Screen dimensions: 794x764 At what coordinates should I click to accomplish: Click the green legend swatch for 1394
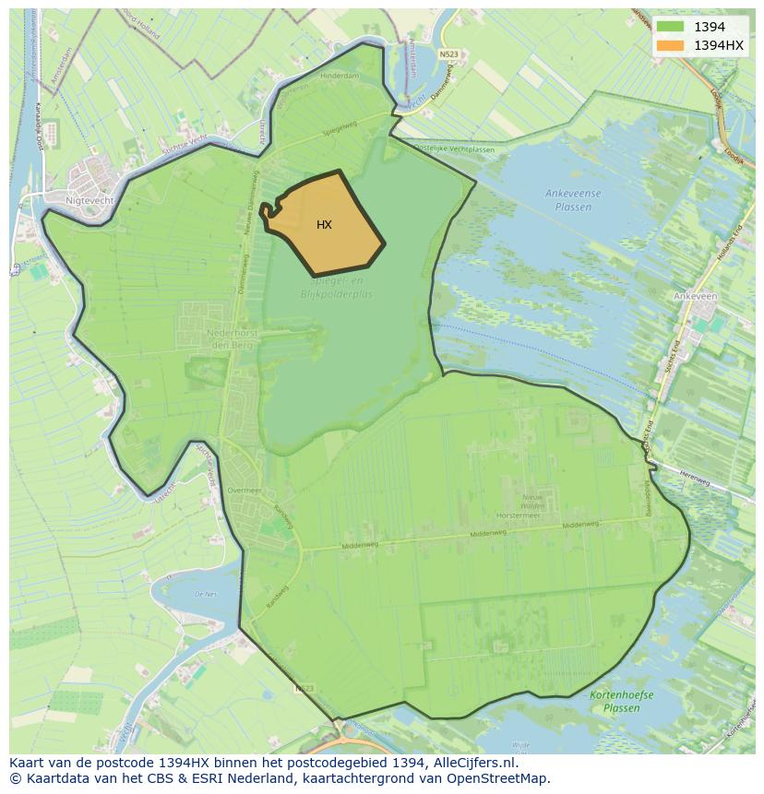[670, 27]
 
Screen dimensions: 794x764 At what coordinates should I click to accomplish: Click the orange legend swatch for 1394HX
[670, 45]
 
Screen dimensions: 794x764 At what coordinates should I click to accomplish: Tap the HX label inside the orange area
[324, 225]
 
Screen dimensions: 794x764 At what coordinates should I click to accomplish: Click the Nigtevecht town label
[90, 198]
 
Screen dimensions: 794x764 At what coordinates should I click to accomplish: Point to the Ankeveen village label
[695, 297]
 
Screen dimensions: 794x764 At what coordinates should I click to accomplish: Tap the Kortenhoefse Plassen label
[621, 702]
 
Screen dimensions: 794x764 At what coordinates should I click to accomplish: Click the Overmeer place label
[245, 492]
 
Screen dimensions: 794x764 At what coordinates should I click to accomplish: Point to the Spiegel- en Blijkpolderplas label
[336, 287]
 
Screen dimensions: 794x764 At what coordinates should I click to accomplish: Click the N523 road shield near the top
[448, 54]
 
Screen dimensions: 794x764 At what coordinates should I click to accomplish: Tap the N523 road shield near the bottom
[305, 688]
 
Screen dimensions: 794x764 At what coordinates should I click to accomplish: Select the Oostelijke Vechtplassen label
[454, 148]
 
